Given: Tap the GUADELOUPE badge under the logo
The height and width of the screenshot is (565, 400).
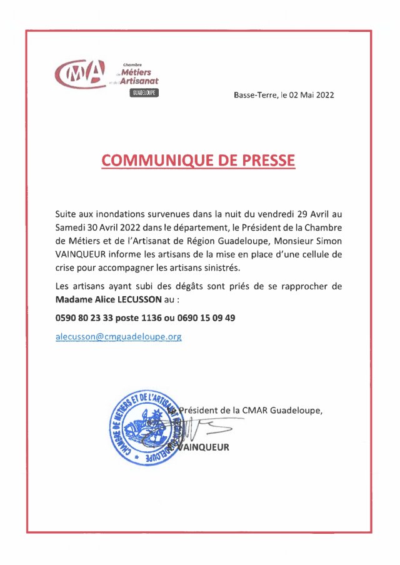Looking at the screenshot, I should coord(145,92).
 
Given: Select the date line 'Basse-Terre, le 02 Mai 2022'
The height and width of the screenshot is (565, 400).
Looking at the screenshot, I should coord(284,96).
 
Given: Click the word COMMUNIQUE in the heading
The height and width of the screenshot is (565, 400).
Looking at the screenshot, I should coord(154,160).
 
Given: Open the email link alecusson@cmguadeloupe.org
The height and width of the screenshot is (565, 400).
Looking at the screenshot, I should coord(119,336).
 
